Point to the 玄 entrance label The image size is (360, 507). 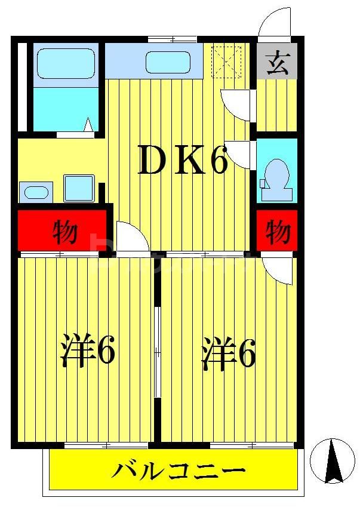pos(276,63)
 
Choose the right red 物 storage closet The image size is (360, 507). pos(277,231)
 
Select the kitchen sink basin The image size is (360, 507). pos(167,62)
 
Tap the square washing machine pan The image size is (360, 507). pos(79,188)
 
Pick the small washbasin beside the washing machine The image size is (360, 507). pos(35,192)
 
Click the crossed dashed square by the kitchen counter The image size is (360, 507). pos(227,62)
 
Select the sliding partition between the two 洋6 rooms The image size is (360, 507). pos(157,352)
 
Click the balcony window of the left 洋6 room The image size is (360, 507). pos(106,445)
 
